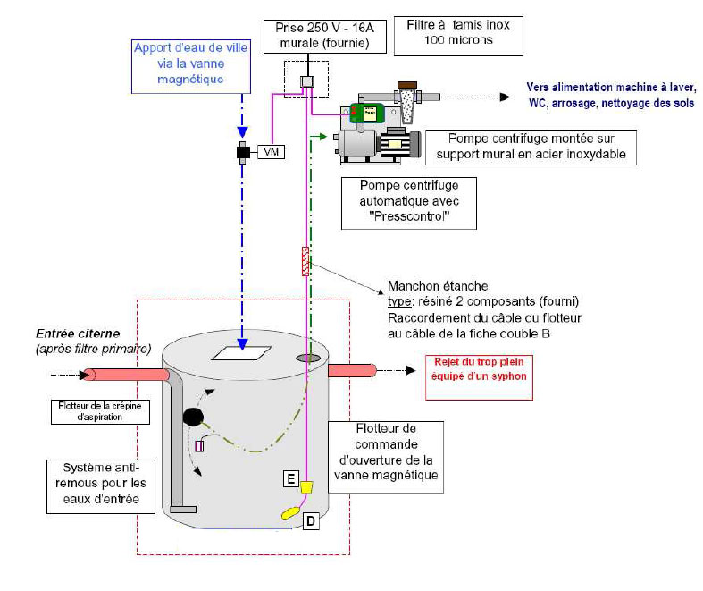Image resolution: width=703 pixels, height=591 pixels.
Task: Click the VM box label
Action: click(x=270, y=152)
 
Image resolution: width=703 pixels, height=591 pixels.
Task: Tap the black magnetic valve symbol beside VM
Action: click(x=242, y=152)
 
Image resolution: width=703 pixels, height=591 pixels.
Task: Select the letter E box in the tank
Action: click(x=290, y=479)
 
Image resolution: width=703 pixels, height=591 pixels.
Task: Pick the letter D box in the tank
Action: click(x=310, y=520)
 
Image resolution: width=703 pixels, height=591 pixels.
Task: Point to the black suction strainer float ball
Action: click(x=193, y=418)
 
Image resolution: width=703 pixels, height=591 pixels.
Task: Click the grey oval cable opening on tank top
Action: click(x=308, y=358)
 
